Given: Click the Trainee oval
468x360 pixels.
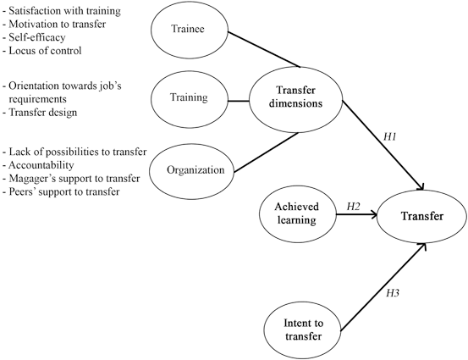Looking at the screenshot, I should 190,31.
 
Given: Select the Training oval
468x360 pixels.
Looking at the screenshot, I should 189,97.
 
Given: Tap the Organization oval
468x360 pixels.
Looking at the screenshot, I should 195,169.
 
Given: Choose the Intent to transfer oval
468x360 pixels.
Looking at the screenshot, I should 302,325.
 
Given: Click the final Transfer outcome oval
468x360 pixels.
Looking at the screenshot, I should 422,216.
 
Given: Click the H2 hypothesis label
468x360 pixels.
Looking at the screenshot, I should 354,206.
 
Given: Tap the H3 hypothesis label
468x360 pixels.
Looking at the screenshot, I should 392,293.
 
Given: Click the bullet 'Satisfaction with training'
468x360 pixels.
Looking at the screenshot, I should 74,11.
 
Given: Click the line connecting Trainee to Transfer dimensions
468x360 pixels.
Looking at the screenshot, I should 266,51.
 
